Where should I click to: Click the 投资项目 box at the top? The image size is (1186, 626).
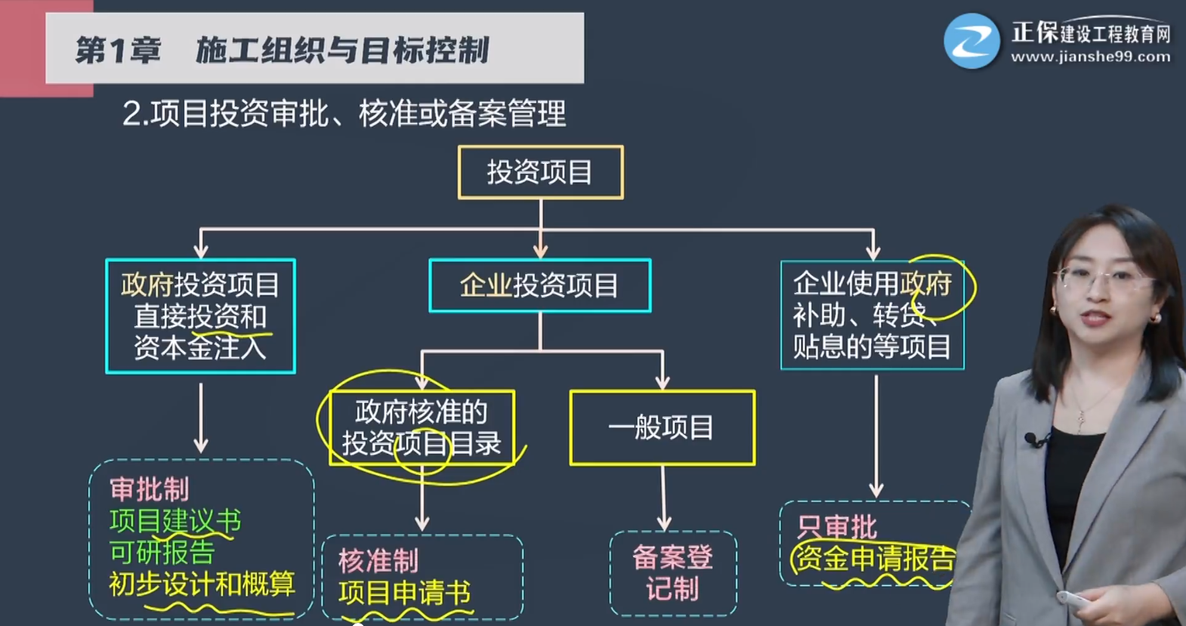[x=540, y=172]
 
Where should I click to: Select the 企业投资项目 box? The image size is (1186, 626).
[x=539, y=285]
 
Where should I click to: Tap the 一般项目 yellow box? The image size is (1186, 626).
[x=662, y=427]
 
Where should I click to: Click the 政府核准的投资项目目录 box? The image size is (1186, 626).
[x=422, y=427]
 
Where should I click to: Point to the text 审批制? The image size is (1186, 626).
[x=150, y=489]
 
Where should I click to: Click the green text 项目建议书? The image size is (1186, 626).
[x=175, y=520]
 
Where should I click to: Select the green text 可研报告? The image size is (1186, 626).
[x=162, y=552]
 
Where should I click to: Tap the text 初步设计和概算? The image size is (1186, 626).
[x=202, y=584]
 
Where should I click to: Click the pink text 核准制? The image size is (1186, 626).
[x=378, y=561]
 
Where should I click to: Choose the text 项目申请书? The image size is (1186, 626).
[x=404, y=593]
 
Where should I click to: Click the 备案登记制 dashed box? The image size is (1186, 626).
[x=672, y=573]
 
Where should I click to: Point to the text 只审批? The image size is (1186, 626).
[x=837, y=527]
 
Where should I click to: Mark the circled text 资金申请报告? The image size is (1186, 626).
[x=875, y=559]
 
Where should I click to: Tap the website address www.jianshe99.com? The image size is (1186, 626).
[x=1090, y=57]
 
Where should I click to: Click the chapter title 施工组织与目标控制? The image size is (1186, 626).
[x=342, y=51]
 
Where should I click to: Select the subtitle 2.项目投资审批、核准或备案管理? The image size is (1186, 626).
[x=344, y=114]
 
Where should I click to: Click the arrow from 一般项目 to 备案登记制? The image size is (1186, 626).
[x=663, y=498]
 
